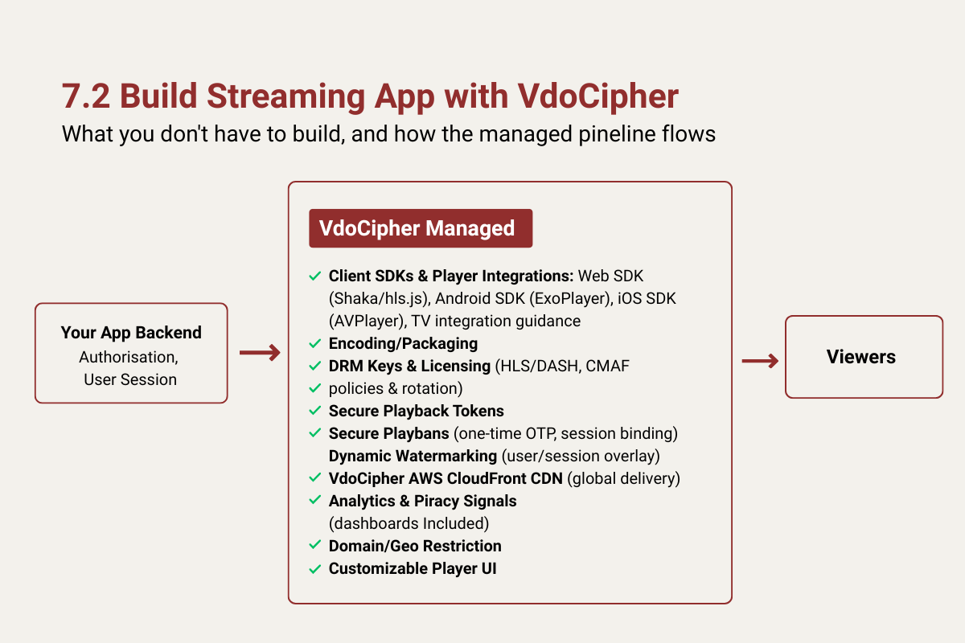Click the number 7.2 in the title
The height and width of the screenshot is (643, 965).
point(86,96)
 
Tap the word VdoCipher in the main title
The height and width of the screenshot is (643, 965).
point(597,96)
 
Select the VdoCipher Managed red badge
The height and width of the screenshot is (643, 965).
point(421,228)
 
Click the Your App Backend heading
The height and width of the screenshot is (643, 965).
point(131,333)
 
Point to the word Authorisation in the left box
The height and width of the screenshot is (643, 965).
point(128,358)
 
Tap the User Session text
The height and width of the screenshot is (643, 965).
point(130,380)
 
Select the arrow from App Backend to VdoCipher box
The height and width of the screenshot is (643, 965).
point(260,353)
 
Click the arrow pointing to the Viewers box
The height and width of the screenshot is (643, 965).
point(760,361)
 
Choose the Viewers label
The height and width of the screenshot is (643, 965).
point(860,357)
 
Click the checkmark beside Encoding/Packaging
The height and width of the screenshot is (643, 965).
point(315,343)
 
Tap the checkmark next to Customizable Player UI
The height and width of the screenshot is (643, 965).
point(315,569)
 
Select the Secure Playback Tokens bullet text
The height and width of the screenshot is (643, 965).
point(417,411)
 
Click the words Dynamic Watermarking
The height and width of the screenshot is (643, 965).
point(413,456)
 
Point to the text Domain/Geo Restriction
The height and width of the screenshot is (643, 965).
point(415,546)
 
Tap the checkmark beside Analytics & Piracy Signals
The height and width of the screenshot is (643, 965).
point(315,500)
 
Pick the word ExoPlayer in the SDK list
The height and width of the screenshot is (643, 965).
point(571,299)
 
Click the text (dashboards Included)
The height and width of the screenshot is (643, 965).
point(409,524)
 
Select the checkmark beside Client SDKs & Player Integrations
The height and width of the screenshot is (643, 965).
point(315,276)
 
